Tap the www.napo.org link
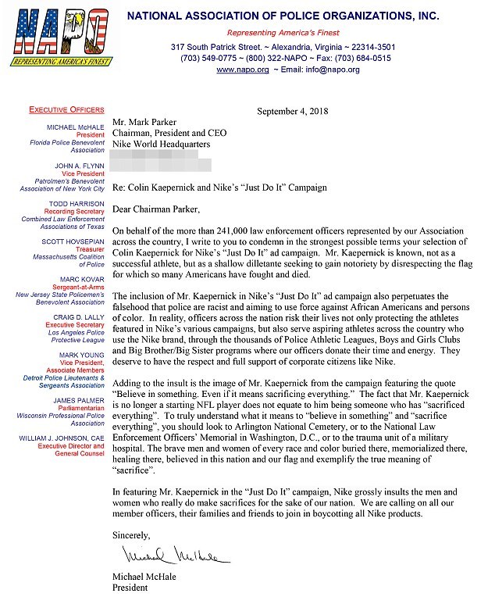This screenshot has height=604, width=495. [237, 70]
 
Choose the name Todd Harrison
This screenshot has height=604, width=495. [79, 204]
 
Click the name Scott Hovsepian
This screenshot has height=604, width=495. [75, 241]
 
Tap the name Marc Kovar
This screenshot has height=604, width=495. [84, 279]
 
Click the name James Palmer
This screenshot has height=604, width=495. [80, 400]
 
